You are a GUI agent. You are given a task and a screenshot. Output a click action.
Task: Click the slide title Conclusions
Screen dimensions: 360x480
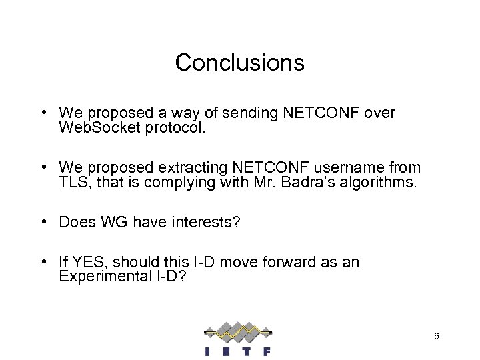240,63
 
